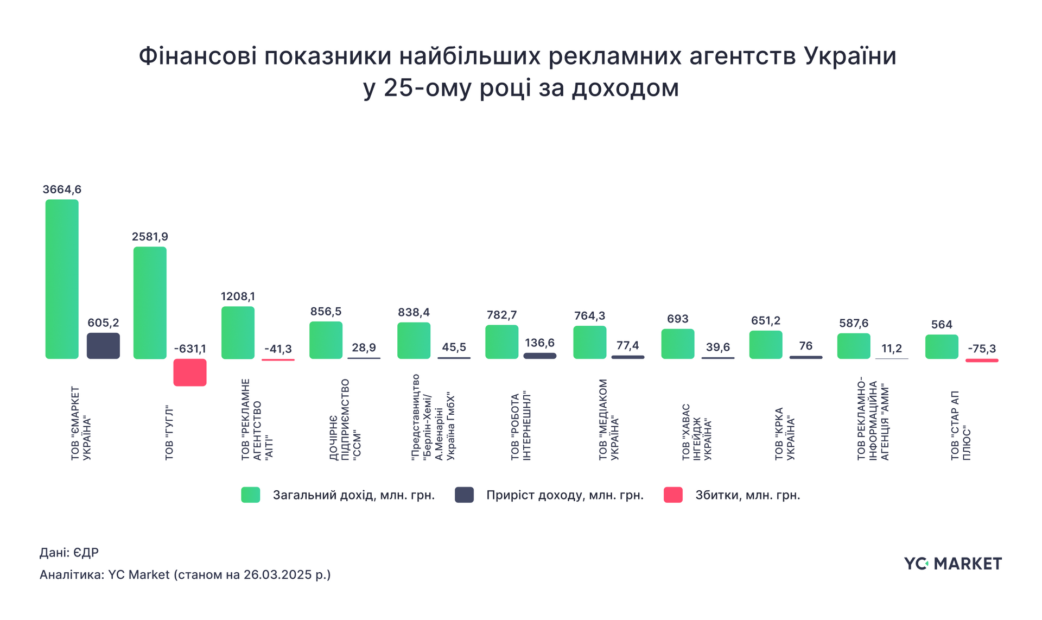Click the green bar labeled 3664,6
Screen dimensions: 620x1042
tap(62, 279)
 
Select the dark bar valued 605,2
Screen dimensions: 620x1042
tap(103, 346)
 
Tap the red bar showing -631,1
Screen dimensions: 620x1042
tap(190, 372)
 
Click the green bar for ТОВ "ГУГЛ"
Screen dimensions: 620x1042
tap(150, 303)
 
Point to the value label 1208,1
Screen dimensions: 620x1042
tap(238, 296)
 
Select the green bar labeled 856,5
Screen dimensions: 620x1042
tap(326, 340)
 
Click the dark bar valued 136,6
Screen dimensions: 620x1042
tap(539, 356)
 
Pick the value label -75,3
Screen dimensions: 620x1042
tap(982, 349)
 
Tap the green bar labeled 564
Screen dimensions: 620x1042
tap(942, 347)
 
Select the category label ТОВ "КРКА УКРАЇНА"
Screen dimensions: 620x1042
tap(784, 434)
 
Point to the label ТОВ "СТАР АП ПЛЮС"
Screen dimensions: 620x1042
tap(960, 426)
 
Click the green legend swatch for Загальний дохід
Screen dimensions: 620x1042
tap(251, 495)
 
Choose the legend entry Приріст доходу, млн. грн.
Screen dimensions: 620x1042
tap(564, 495)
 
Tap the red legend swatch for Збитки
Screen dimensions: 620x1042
tap(673, 495)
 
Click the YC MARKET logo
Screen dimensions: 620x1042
tap(952, 564)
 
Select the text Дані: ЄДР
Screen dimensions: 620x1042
tap(69, 553)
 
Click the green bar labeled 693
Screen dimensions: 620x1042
tap(677, 344)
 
